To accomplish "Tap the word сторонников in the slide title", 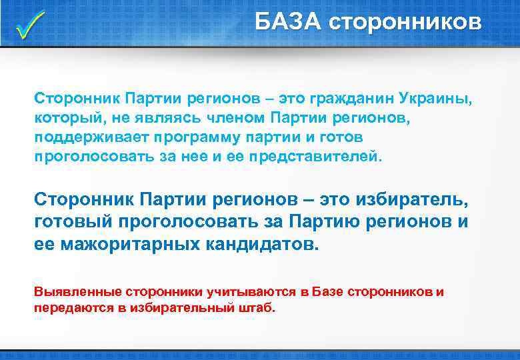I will pos(405,21).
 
